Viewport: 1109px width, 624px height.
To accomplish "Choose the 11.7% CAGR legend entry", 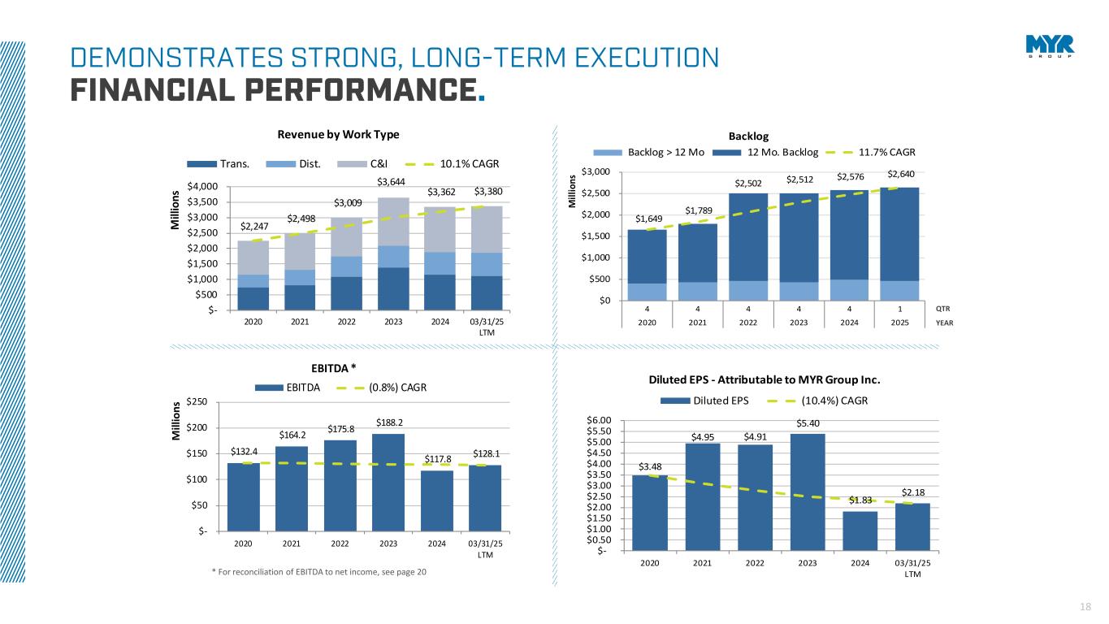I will tap(888, 151).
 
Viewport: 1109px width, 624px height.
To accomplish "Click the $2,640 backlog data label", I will tap(899, 173).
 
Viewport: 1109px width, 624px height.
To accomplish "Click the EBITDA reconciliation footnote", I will tap(318, 572).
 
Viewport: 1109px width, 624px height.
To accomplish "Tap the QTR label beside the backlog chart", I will tap(942, 309).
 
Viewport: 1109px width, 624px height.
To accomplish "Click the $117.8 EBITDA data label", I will tap(439, 458).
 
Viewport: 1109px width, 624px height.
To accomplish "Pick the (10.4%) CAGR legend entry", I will tap(834, 401).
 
